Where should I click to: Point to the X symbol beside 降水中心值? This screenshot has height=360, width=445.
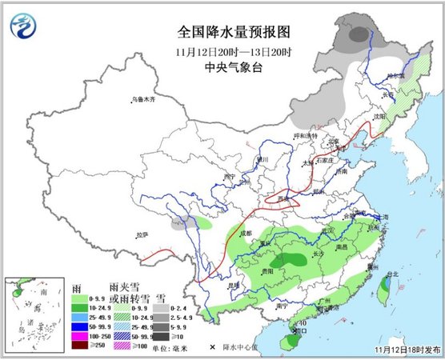[213, 347]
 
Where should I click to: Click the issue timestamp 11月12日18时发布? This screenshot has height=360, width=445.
[406, 350]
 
